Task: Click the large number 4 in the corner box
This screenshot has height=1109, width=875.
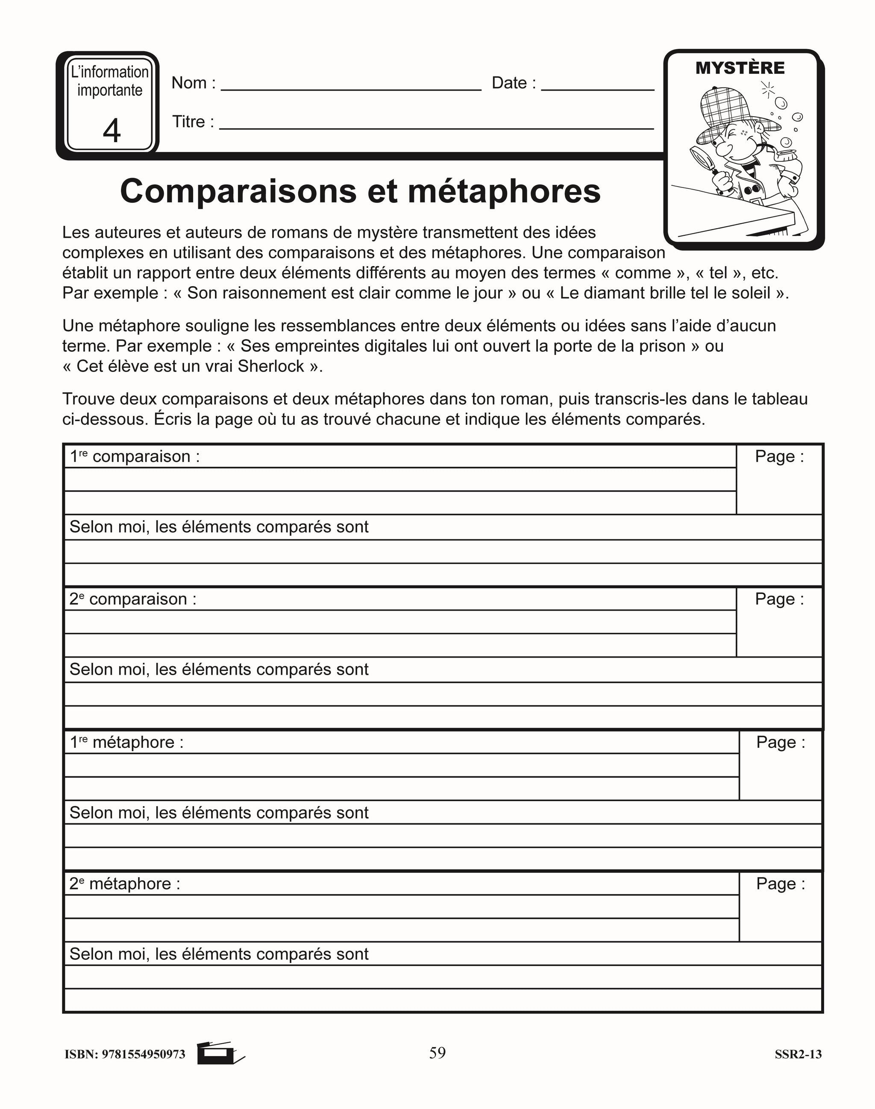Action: click(x=112, y=131)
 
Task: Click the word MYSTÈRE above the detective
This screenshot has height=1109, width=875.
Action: click(x=740, y=68)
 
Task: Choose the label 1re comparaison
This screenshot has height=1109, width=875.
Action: click(x=134, y=456)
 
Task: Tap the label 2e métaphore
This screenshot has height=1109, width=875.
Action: click(x=124, y=883)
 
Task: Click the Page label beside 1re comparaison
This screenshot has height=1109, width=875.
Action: click(x=779, y=456)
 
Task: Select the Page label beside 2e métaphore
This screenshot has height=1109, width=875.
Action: click(x=780, y=883)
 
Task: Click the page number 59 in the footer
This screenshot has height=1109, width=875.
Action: click(x=437, y=1053)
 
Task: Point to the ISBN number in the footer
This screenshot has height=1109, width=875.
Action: click(x=125, y=1054)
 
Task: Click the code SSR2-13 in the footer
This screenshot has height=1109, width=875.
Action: click(x=798, y=1054)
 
